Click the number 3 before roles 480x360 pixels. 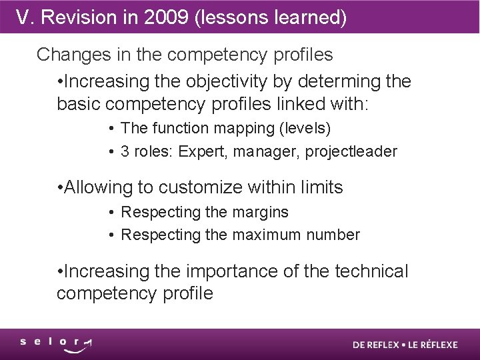tap(125, 151)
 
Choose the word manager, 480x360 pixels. tap(267, 151)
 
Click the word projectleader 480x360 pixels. tap(351, 151)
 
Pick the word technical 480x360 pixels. tap(371, 271)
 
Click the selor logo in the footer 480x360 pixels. tap(56, 344)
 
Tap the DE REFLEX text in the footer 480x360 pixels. tap(376, 345)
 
